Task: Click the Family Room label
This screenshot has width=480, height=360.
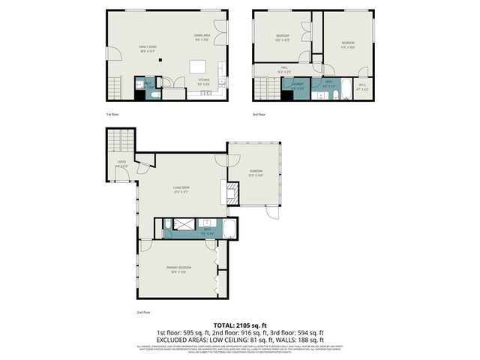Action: click(x=146, y=48)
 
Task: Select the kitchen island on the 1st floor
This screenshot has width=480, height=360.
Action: click(x=198, y=65)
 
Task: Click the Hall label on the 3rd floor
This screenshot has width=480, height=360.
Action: click(x=284, y=69)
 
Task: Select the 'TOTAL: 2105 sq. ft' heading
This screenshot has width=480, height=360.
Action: click(x=240, y=324)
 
